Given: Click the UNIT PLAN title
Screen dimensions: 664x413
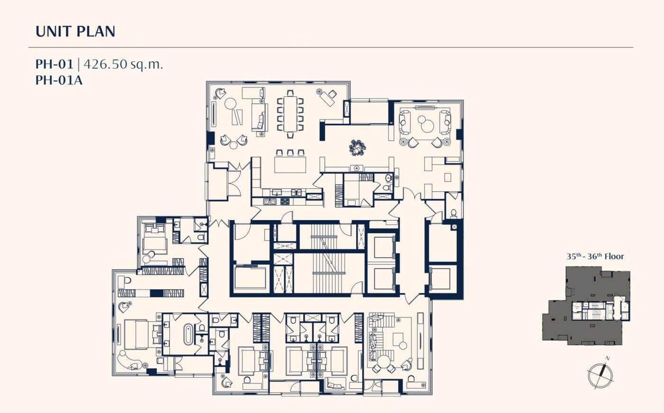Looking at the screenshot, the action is click(75, 31).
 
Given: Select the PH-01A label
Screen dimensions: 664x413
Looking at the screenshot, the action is click(59, 80).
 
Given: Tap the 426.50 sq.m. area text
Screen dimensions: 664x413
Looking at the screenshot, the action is click(123, 64).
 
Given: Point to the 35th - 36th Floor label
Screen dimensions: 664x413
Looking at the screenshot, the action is click(595, 256).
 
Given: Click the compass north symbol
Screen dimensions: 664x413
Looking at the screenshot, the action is click(600, 376).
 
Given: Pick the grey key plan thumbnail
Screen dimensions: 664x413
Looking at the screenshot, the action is click(586, 306).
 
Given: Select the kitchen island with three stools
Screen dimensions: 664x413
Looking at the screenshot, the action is click(290, 162).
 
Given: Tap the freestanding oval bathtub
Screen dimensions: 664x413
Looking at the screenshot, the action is click(188, 334).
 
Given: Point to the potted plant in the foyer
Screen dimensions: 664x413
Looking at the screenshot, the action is click(357, 148).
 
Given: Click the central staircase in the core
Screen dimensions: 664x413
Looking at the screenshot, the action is click(328, 258).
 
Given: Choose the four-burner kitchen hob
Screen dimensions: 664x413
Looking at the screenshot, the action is click(285, 202).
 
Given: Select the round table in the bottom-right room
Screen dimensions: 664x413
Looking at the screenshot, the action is click(384, 362).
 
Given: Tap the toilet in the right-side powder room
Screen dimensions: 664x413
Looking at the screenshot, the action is click(453, 213).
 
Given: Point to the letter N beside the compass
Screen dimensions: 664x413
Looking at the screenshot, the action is click(608, 358).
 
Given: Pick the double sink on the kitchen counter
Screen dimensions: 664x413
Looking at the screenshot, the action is click(270, 202).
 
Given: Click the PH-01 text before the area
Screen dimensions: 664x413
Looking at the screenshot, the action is click(54, 64).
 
